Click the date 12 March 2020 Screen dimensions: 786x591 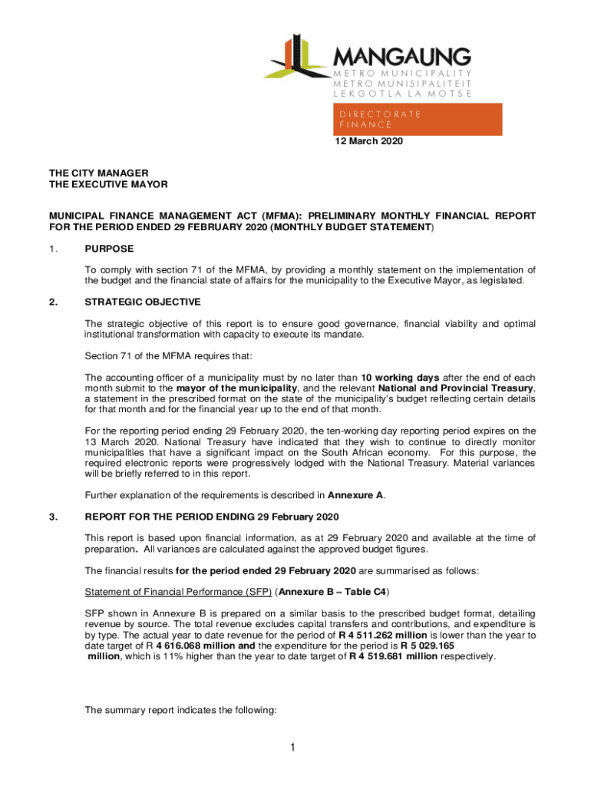(x=368, y=142)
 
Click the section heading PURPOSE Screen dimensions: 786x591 (x=109, y=249)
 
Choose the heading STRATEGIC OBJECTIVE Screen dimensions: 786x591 (x=143, y=302)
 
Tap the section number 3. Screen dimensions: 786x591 (x=53, y=516)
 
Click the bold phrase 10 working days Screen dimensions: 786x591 (x=400, y=378)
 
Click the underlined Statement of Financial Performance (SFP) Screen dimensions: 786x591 (x=177, y=592)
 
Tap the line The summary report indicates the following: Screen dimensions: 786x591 (x=180, y=711)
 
